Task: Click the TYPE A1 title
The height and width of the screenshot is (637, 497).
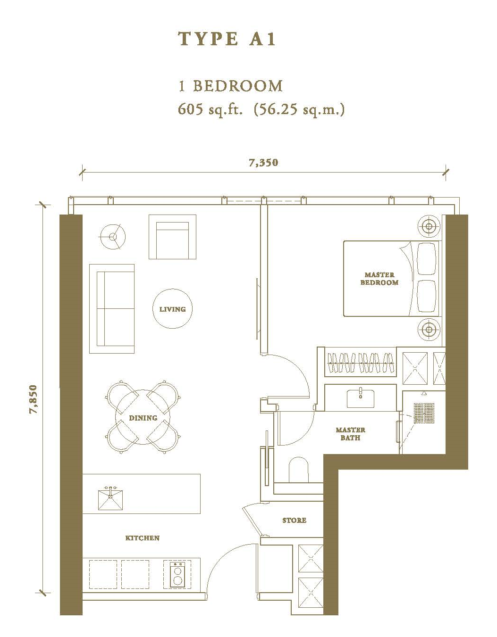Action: click(227, 39)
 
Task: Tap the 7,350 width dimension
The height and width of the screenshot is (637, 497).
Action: click(263, 162)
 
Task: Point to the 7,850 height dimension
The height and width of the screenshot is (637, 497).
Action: click(34, 399)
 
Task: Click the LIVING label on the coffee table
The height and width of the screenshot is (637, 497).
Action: click(173, 309)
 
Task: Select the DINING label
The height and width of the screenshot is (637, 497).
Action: click(143, 418)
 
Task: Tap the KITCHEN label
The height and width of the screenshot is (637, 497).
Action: click(142, 538)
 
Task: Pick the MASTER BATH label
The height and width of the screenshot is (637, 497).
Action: click(350, 434)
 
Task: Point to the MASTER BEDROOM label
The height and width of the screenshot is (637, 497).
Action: click(379, 279)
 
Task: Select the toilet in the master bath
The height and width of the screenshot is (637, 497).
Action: click(299, 470)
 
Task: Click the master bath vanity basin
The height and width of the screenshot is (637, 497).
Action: click(361, 398)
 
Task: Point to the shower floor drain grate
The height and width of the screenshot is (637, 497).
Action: click(424, 413)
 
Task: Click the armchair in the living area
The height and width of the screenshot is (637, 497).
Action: click(172, 237)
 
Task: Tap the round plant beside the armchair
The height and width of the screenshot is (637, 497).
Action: click(113, 237)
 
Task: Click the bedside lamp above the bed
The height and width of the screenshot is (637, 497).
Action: click(429, 226)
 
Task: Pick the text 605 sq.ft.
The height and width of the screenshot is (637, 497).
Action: click(210, 110)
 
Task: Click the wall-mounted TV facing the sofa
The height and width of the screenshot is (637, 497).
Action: click(257, 309)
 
